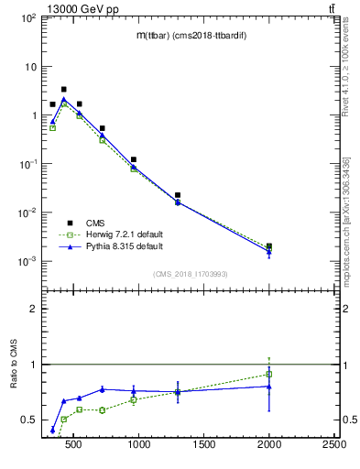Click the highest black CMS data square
click(63, 90)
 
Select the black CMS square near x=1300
click(178, 195)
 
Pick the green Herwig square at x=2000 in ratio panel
click(268, 374)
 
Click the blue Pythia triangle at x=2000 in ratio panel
click(268, 386)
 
